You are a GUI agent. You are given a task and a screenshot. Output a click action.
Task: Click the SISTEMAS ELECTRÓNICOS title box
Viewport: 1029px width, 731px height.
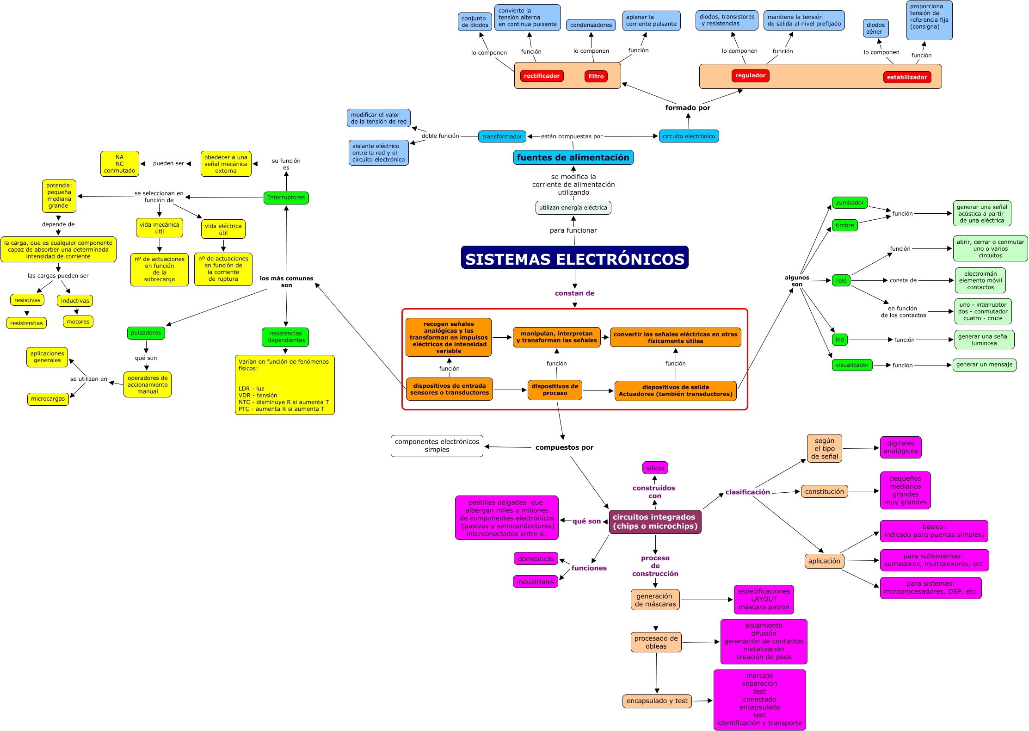(x=574, y=258)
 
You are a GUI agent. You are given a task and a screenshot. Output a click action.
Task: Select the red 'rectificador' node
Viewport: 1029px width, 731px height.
(x=542, y=76)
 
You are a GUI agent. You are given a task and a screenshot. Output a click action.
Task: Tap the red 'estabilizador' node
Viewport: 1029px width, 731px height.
(x=906, y=77)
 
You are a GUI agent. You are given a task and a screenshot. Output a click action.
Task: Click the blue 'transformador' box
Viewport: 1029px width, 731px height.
(x=502, y=136)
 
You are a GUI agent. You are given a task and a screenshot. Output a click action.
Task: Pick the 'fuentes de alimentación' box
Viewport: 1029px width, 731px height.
(x=573, y=157)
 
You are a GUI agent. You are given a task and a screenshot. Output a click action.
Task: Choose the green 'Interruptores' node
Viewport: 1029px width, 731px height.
(x=286, y=198)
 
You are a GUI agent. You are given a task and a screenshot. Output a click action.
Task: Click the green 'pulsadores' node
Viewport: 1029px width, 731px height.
(x=146, y=333)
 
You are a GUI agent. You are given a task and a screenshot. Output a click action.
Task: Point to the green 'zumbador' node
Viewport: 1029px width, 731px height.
(x=850, y=203)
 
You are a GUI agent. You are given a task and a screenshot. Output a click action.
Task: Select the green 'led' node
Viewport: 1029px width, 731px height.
(x=839, y=340)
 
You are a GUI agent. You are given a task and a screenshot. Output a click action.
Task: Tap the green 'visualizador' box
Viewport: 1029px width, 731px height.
(x=852, y=365)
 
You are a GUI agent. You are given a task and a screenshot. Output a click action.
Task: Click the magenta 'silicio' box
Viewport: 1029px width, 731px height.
(x=655, y=468)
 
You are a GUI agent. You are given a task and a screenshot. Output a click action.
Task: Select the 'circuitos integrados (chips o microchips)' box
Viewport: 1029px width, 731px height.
(x=655, y=521)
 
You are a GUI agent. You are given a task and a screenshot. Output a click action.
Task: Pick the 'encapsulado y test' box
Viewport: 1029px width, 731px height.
(x=657, y=701)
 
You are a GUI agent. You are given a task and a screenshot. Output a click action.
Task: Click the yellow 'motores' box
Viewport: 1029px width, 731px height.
(x=78, y=322)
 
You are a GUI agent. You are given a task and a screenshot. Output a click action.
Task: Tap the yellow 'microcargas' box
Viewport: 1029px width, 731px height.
(x=48, y=399)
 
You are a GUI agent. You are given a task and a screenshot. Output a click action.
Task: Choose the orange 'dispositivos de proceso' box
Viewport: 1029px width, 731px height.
(x=555, y=390)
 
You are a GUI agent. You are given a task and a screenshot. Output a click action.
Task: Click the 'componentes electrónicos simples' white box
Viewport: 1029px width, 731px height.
(x=437, y=446)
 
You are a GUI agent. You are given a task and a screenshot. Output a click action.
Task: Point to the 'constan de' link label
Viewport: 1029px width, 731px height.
(x=574, y=293)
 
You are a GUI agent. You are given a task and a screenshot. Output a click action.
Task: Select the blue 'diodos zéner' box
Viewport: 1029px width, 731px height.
(x=875, y=28)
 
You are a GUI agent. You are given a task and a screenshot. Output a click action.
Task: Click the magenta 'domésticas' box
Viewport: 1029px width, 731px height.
(x=536, y=558)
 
